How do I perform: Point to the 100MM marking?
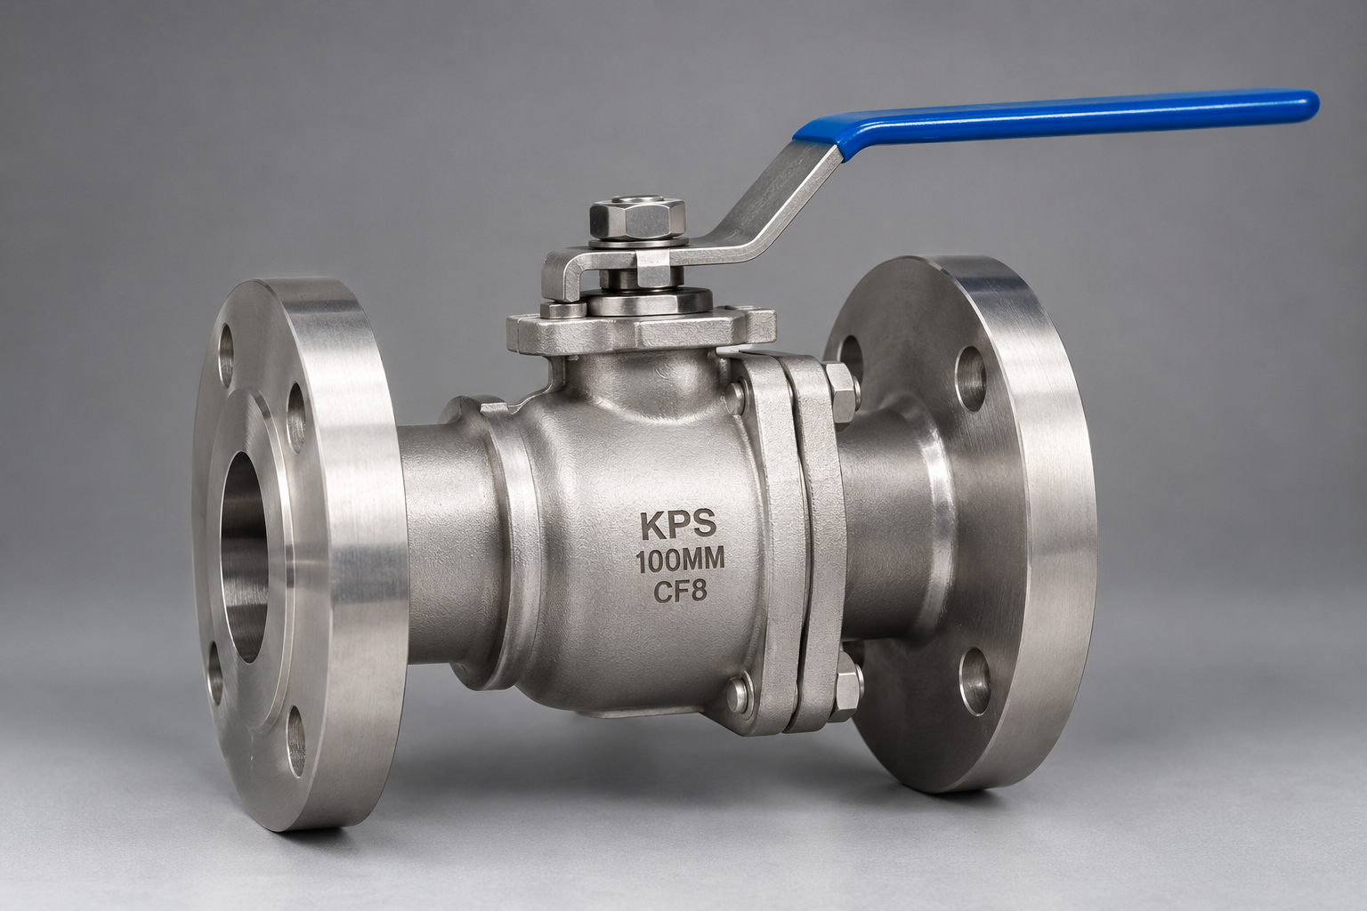click(x=681, y=560)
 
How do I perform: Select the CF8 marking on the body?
click(x=680, y=592)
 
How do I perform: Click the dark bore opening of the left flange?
click(x=243, y=557)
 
